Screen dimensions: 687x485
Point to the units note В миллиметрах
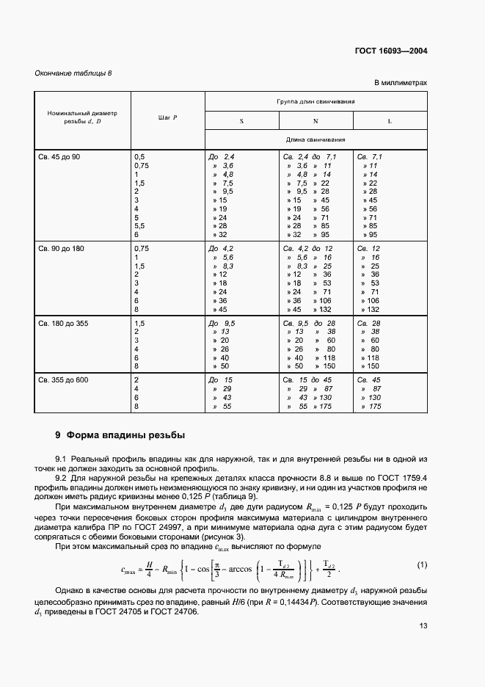401,83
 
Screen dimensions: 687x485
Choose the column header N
316,120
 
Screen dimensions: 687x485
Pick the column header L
390,120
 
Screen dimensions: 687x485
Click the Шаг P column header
168,117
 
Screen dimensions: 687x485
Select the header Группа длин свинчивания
316,101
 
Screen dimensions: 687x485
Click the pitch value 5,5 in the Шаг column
140,226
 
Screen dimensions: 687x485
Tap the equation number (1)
421,564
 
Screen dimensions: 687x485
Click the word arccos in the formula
238,567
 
